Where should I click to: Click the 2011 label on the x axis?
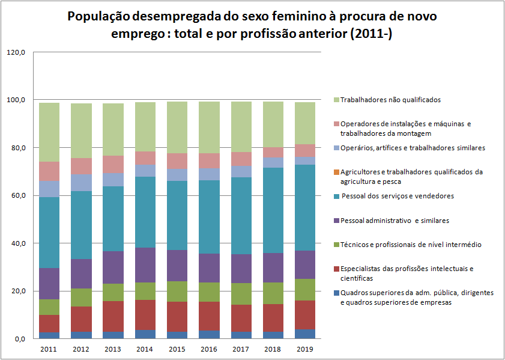point(49,349)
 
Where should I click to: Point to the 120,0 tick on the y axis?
point(16,52)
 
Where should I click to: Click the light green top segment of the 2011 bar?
point(49,132)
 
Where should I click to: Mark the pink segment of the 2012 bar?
point(81,166)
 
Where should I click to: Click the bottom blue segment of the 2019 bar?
point(304,334)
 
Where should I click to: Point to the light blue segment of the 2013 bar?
point(113,180)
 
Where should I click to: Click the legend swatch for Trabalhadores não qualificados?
point(336,100)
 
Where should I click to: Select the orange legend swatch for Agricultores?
point(336,172)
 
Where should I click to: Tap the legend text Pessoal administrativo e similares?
point(395,221)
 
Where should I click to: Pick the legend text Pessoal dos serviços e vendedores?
point(397,196)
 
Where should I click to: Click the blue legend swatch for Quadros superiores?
point(336,293)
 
